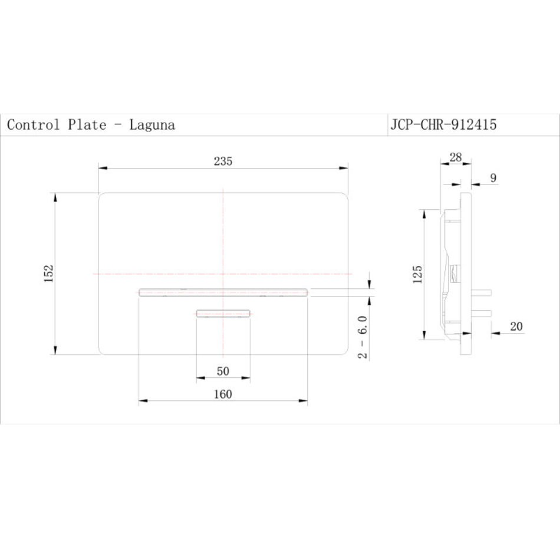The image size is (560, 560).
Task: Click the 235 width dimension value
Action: pos(223,162)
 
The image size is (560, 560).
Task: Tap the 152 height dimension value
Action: pos(48,274)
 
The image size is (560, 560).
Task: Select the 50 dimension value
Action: pos(223,371)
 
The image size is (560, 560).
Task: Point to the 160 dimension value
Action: pos(223,394)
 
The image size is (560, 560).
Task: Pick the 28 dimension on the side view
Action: pos(455,157)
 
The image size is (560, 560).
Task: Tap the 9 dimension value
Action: pos(493,178)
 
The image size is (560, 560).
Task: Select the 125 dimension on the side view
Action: pos(417,274)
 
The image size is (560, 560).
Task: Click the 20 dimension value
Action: pos(516,326)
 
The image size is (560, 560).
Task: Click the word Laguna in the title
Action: pos(152,124)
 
